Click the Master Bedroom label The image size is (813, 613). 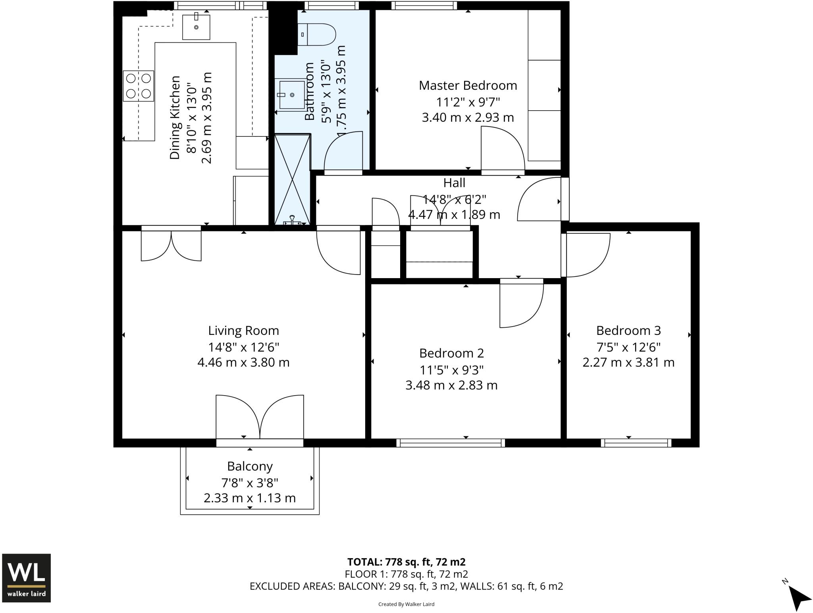click(468, 85)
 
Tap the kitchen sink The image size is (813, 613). click(196, 27)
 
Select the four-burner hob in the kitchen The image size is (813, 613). click(139, 86)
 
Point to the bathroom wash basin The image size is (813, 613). click(292, 95)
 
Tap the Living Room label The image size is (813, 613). click(243, 331)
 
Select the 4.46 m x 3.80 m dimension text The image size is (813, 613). click(243, 362)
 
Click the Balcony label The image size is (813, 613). click(250, 466)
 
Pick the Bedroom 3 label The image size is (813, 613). click(628, 331)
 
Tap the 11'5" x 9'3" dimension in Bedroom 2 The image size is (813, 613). click(451, 370)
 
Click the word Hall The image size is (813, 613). click(454, 183)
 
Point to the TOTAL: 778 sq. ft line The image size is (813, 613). click(406, 562)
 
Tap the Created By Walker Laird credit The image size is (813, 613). click(406, 604)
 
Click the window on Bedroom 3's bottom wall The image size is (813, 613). click(636, 443)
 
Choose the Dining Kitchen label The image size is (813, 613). click(175, 118)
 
